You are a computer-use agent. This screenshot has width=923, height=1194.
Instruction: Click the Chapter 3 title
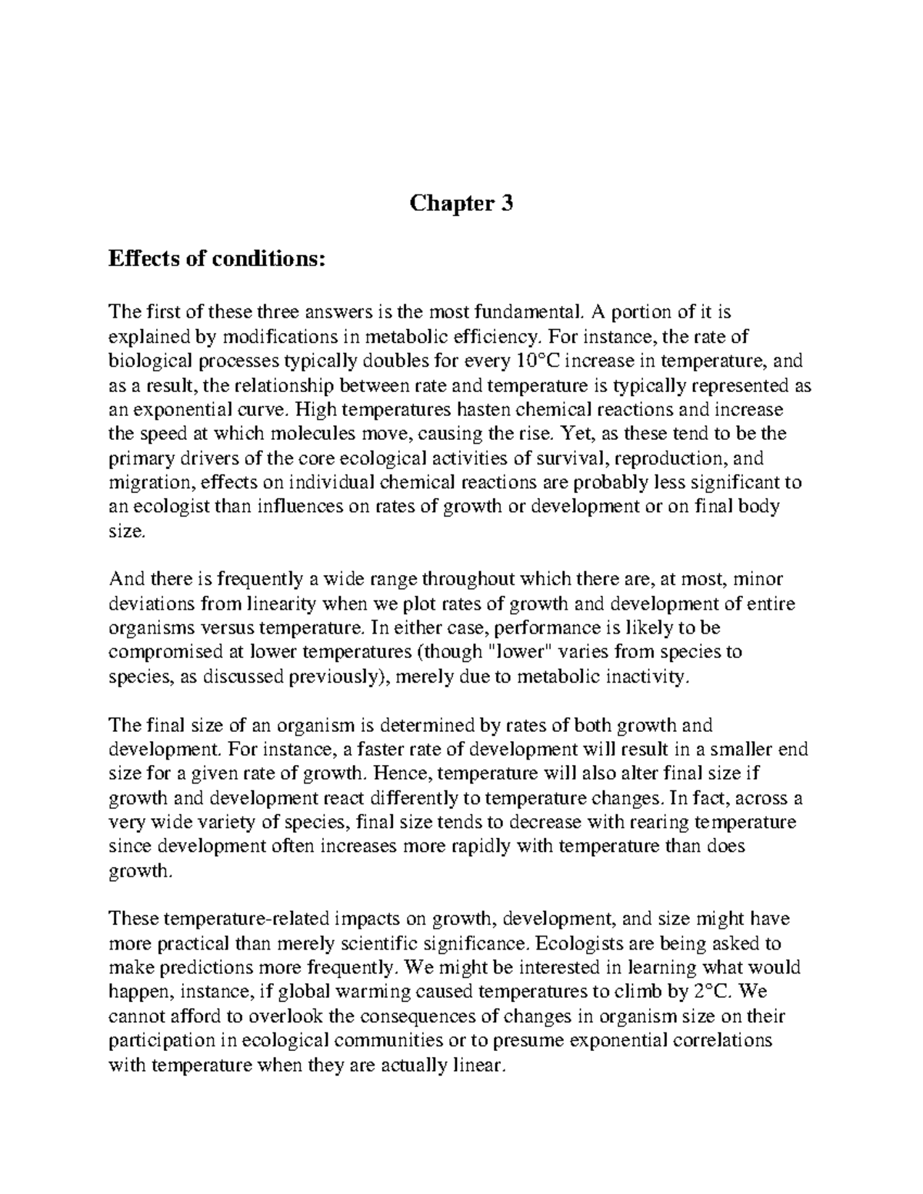click(461, 204)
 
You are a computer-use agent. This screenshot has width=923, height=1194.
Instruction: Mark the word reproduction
click(674, 459)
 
